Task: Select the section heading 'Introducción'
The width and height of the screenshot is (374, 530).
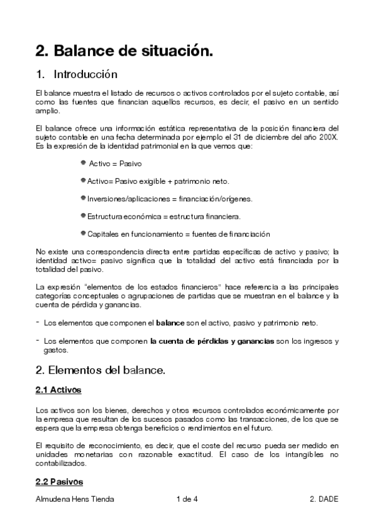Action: coord(86,75)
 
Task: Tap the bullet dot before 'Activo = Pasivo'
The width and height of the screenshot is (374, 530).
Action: coord(83,162)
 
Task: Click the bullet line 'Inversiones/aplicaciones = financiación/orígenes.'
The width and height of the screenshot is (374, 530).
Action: coord(165,199)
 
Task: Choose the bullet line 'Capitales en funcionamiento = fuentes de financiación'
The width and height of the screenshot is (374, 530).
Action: coord(179,234)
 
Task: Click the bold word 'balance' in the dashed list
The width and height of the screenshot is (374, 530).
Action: coord(170,323)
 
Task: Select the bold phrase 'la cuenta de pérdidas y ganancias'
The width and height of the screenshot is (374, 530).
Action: coord(212,341)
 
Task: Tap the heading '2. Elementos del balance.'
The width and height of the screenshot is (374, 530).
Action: coord(101,371)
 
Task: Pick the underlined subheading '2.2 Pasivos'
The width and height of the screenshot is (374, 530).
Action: coord(59,482)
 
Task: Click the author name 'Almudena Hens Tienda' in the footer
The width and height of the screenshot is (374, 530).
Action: coord(75,499)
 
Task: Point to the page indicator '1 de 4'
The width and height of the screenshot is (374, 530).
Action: coord(187,499)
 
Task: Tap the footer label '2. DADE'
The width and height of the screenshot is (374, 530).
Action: coord(323,499)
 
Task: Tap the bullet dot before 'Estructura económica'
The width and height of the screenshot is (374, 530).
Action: coord(83,216)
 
